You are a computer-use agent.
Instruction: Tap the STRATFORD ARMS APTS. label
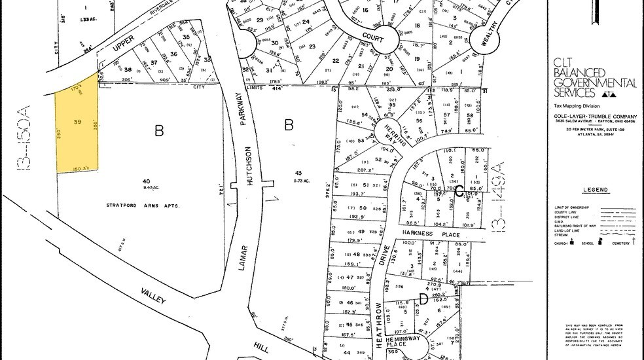coord(143,206)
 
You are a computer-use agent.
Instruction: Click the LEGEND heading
coord(594,190)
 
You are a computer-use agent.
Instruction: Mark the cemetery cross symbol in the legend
coord(634,242)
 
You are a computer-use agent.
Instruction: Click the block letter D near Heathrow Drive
coord(423,299)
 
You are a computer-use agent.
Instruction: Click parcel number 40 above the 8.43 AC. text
coord(146,181)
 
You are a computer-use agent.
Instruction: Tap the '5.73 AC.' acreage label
coord(302,181)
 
